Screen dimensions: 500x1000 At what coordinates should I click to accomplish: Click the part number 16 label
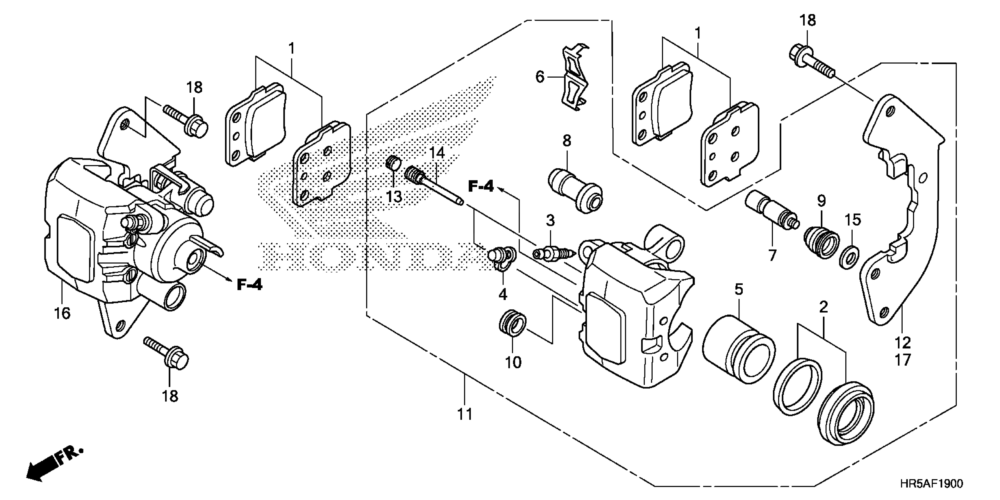tap(62, 313)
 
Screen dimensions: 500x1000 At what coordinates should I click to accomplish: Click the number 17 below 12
tap(903, 360)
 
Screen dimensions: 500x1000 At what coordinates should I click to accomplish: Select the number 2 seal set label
tap(823, 307)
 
